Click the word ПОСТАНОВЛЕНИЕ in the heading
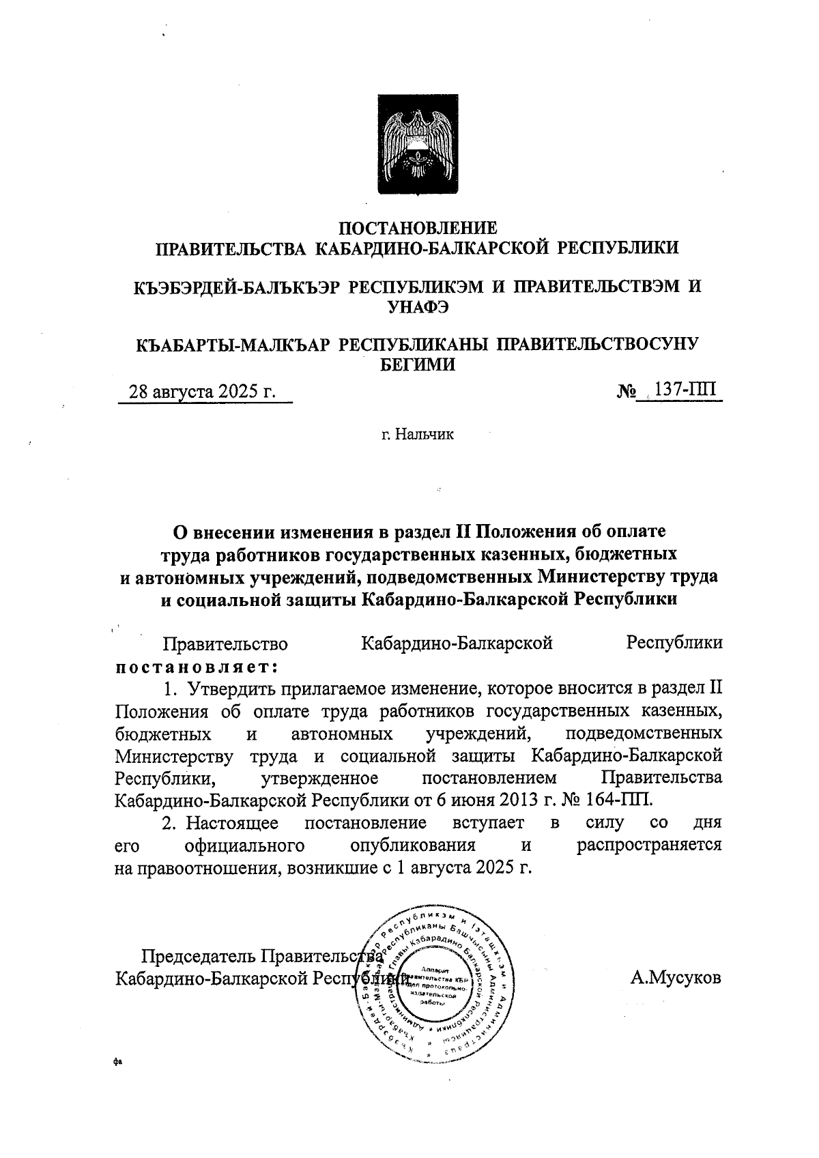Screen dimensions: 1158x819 coord(418,228)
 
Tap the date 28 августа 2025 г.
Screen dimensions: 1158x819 coord(203,392)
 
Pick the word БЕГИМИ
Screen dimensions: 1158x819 coord(418,364)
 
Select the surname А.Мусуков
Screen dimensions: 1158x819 coord(676,978)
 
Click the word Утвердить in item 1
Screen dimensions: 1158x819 coord(230,687)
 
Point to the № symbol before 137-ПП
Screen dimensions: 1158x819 coord(626,392)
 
